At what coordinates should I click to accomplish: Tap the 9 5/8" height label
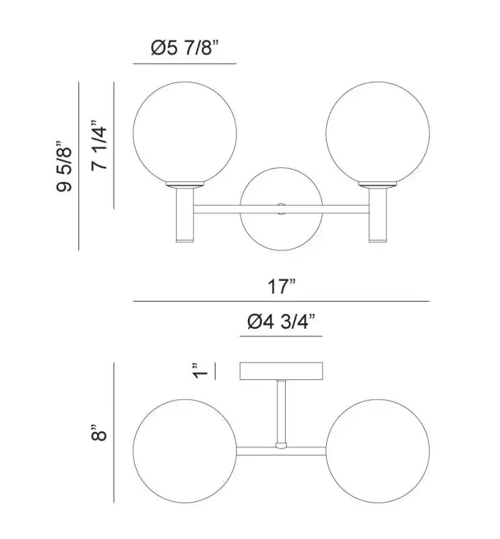tap(64, 166)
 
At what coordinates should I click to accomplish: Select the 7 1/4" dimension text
tap(100, 145)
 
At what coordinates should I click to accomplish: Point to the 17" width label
tap(281, 288)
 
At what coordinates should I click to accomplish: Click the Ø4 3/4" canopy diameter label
tap(282, 323)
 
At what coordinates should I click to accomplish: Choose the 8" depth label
tap(100, 432)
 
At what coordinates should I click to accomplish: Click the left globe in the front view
tap(184, 132)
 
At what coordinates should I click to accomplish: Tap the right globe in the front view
tap(377, 132)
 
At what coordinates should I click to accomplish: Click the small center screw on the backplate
tap(282, 209)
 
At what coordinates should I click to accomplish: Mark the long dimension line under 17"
tap(281, 301)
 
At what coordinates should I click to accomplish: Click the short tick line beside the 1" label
tap(214, 371)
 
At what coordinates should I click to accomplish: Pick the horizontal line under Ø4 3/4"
tap(282, 336)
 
